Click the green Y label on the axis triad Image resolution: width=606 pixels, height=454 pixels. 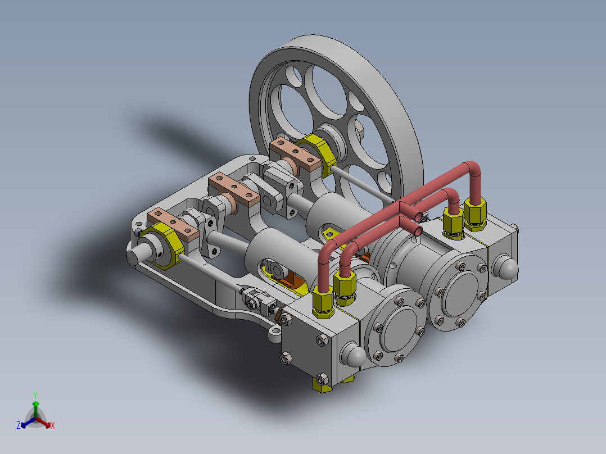[35, 395]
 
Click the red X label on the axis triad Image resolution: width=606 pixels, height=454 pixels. [53, 425]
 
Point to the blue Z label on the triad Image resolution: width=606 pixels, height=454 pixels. [19, 425]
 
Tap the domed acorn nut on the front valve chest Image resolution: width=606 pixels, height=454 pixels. [353, 355]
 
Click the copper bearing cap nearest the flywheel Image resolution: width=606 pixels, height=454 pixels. [295, 155]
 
